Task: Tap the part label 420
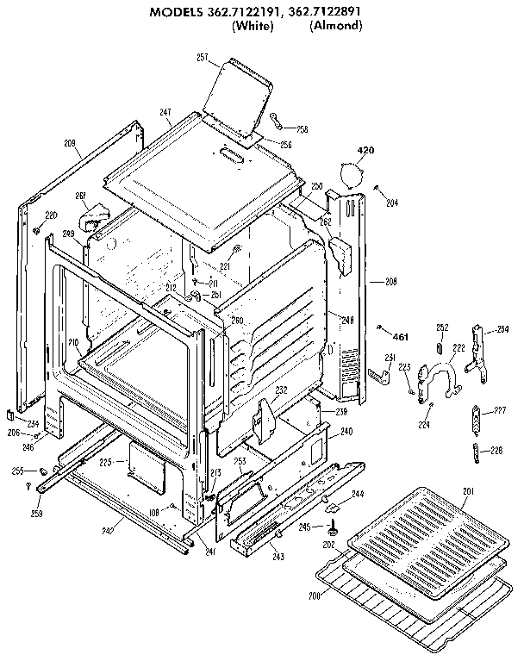click(x=365, y=151)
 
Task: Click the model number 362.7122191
click(x=240, y=12)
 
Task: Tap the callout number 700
click(x=315, y=596)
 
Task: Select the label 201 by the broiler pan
click(x=469, y=492)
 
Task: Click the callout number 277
click(x=499, y=411)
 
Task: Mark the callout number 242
click(x=132, y=532)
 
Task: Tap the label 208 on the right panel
click(x=390, y=281)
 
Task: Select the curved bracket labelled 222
click(x=440, y=376)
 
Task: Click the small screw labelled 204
click(x=377, y=188)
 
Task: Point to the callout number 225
click(x=106, y=463)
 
